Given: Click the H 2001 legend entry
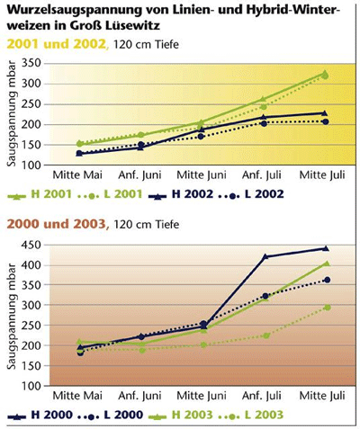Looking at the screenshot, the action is pyautogui.click(x=40, y=194).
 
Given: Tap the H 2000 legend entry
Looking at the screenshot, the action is pyautogui.click(x=40, y=416).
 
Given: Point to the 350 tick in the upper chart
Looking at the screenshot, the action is pyautogui.click(x=31, y=63).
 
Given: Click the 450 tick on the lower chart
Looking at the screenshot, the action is pyautogui.click(x=31, y=246).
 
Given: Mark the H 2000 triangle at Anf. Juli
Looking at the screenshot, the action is pyautogui.click(x=265, y=256).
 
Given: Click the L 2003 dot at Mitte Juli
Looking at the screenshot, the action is pyautogui.click(x=328, y=308).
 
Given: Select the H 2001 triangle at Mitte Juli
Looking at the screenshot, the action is pyautogui.click(x=325, y=73).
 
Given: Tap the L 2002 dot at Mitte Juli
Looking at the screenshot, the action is pyautogui.click(x=326, y=121).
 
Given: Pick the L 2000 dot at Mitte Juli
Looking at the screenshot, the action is pyautogui.click(x=328, y=280).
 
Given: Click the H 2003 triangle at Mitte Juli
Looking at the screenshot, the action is pyautogui.click(x=327, y=264).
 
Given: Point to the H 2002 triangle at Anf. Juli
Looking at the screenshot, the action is pyautogui.click(x=264, y=117).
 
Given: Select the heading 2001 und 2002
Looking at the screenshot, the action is pyautogui.click(x=58, y=44).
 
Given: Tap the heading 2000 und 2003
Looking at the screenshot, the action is pyautogui.click(x=58, y=224).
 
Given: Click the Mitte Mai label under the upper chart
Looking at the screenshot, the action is pyautogui.click(x=77, y=174).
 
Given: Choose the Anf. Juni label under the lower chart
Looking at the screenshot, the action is pyautogui.click(x=139, y=396).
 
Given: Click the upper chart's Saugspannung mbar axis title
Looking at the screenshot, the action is pyautogui.click(x=12, y=113).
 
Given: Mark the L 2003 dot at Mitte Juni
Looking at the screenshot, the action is pyautogui.click(x=203, y=345).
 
